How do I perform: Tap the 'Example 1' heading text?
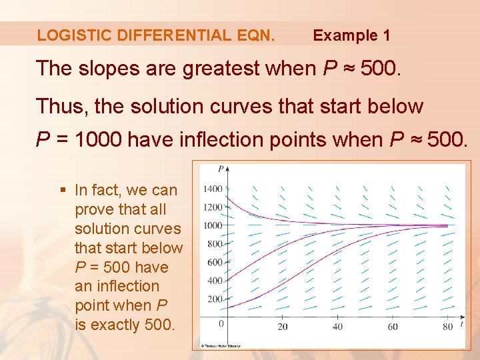351,35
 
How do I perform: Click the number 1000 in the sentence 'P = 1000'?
98,141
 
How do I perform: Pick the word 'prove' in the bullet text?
95,209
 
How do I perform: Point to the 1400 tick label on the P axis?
213,189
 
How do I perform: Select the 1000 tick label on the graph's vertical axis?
213,226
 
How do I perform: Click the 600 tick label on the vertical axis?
215,263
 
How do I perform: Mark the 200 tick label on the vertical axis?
215,299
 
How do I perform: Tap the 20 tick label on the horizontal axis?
283,327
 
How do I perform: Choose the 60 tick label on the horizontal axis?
393,327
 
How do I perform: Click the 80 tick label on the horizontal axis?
447,327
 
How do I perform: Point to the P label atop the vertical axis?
221,167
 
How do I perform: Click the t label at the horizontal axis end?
461,321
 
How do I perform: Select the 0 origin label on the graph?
221,324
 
